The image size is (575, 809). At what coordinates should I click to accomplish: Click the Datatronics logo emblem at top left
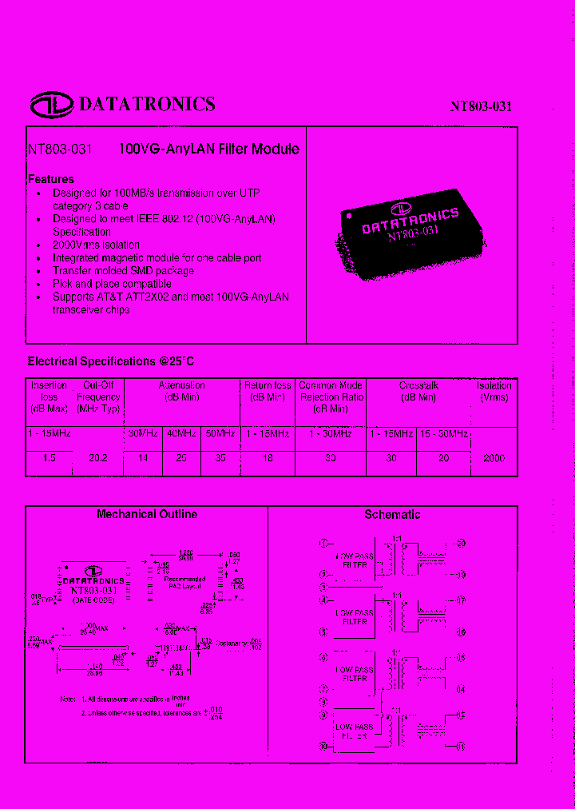point(52,104)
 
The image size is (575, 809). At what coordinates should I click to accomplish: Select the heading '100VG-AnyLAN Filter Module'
point(209,149)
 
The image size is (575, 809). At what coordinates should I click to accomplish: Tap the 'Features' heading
point(51,179)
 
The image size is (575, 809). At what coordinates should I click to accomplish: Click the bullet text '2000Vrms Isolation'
point(96,245)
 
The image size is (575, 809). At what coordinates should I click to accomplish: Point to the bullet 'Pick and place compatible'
point(112,284)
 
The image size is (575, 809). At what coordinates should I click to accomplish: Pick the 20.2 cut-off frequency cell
point(97,458)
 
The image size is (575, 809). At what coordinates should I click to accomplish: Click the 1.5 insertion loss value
point(49,458)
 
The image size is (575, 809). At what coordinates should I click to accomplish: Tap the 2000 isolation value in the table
point(494,458)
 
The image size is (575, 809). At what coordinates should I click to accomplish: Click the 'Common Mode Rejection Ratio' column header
point(331,397)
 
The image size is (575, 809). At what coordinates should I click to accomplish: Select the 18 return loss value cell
point(268,458)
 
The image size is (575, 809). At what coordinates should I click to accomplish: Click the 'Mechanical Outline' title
point(147,514)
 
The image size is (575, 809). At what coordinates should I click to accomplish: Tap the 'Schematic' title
point(392,515)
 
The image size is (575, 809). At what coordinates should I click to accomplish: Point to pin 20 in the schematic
point(461,544)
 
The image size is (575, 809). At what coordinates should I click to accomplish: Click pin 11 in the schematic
point(461,747)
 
